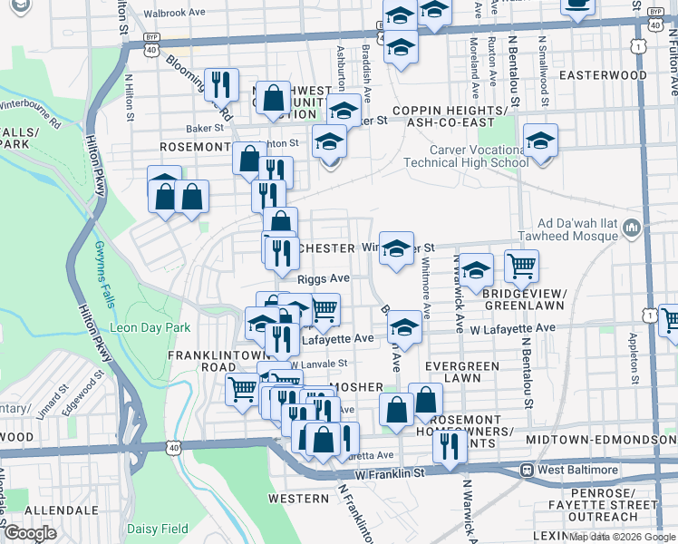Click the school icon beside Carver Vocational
540,141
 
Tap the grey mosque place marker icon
633,225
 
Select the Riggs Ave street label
324,278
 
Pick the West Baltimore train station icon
525,471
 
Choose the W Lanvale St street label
318,364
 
